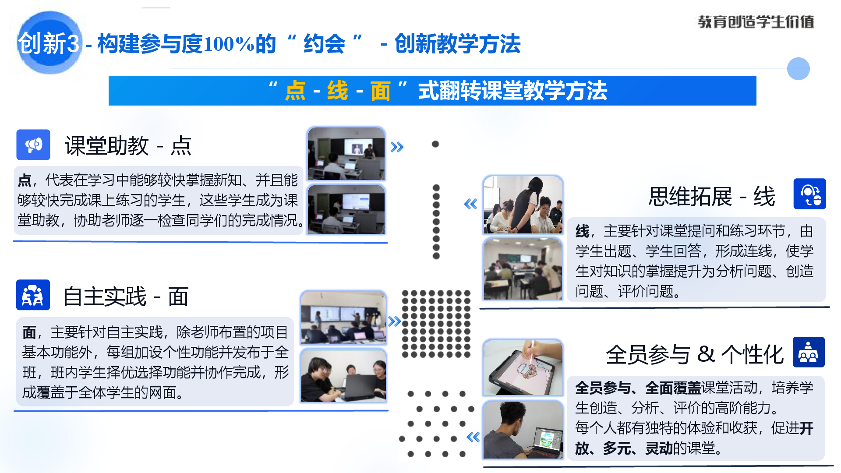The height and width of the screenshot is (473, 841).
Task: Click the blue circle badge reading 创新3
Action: click(49, 43)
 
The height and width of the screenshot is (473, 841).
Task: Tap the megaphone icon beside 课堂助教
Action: click(33, 145)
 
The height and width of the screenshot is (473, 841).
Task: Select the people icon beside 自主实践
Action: click(33, 295)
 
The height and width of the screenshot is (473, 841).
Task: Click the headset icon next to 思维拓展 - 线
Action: click(810, 194)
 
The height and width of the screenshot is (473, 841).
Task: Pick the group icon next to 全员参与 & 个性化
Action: click(809, 352)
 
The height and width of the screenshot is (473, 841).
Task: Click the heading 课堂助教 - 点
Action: click(128, 146)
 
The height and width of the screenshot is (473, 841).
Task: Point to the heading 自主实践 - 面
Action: click(126, 297)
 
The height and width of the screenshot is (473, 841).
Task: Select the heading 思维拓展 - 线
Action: click(712, 196)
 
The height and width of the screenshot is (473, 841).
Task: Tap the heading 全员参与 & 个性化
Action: click(695, 354)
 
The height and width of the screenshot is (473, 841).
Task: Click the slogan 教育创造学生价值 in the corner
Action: click(756, 21)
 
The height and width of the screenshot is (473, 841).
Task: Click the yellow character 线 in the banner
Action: click(337, 91)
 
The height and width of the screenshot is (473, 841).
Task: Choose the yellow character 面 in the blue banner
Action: click(380, 91)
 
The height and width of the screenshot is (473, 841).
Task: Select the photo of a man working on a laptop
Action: click(523, 430)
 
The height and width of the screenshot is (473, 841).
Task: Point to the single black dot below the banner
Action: click(435, 144)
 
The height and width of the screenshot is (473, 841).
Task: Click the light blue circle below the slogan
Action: click(798, 69)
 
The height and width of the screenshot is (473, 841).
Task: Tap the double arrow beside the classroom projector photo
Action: click(397, 147)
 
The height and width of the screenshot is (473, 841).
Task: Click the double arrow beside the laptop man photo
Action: click(473, 437)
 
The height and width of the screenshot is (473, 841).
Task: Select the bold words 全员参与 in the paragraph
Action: click(603, 388)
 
